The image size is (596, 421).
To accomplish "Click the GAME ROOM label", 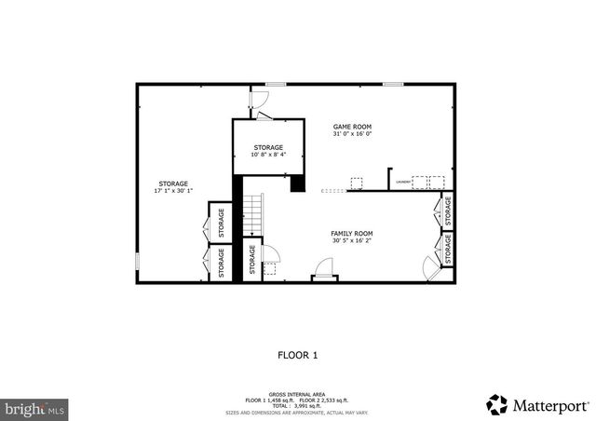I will point(352,126).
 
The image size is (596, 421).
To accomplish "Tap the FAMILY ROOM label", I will point(352,233).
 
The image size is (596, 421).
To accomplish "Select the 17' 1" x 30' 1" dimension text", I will point(173,191).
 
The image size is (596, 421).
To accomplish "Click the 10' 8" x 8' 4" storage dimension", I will point(269,155).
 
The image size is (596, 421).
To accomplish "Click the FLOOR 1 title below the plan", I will point(298,355).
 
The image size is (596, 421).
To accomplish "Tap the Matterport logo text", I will point(549,405).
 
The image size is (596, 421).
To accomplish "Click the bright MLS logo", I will point(35,408).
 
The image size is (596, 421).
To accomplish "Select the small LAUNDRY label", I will point(402,183).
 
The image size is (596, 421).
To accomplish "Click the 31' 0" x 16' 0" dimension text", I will point(352,133).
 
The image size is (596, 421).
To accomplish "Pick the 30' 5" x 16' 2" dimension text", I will point(352,240).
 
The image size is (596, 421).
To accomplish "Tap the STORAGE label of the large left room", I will point(173,183).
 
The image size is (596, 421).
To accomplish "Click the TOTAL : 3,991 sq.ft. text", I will point(298,405).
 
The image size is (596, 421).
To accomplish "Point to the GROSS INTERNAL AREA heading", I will point(298,394).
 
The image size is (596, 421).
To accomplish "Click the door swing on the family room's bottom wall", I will point(324,270).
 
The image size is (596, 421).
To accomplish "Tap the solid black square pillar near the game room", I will point(298,183).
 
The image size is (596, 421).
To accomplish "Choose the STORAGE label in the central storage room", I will point(269,147).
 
